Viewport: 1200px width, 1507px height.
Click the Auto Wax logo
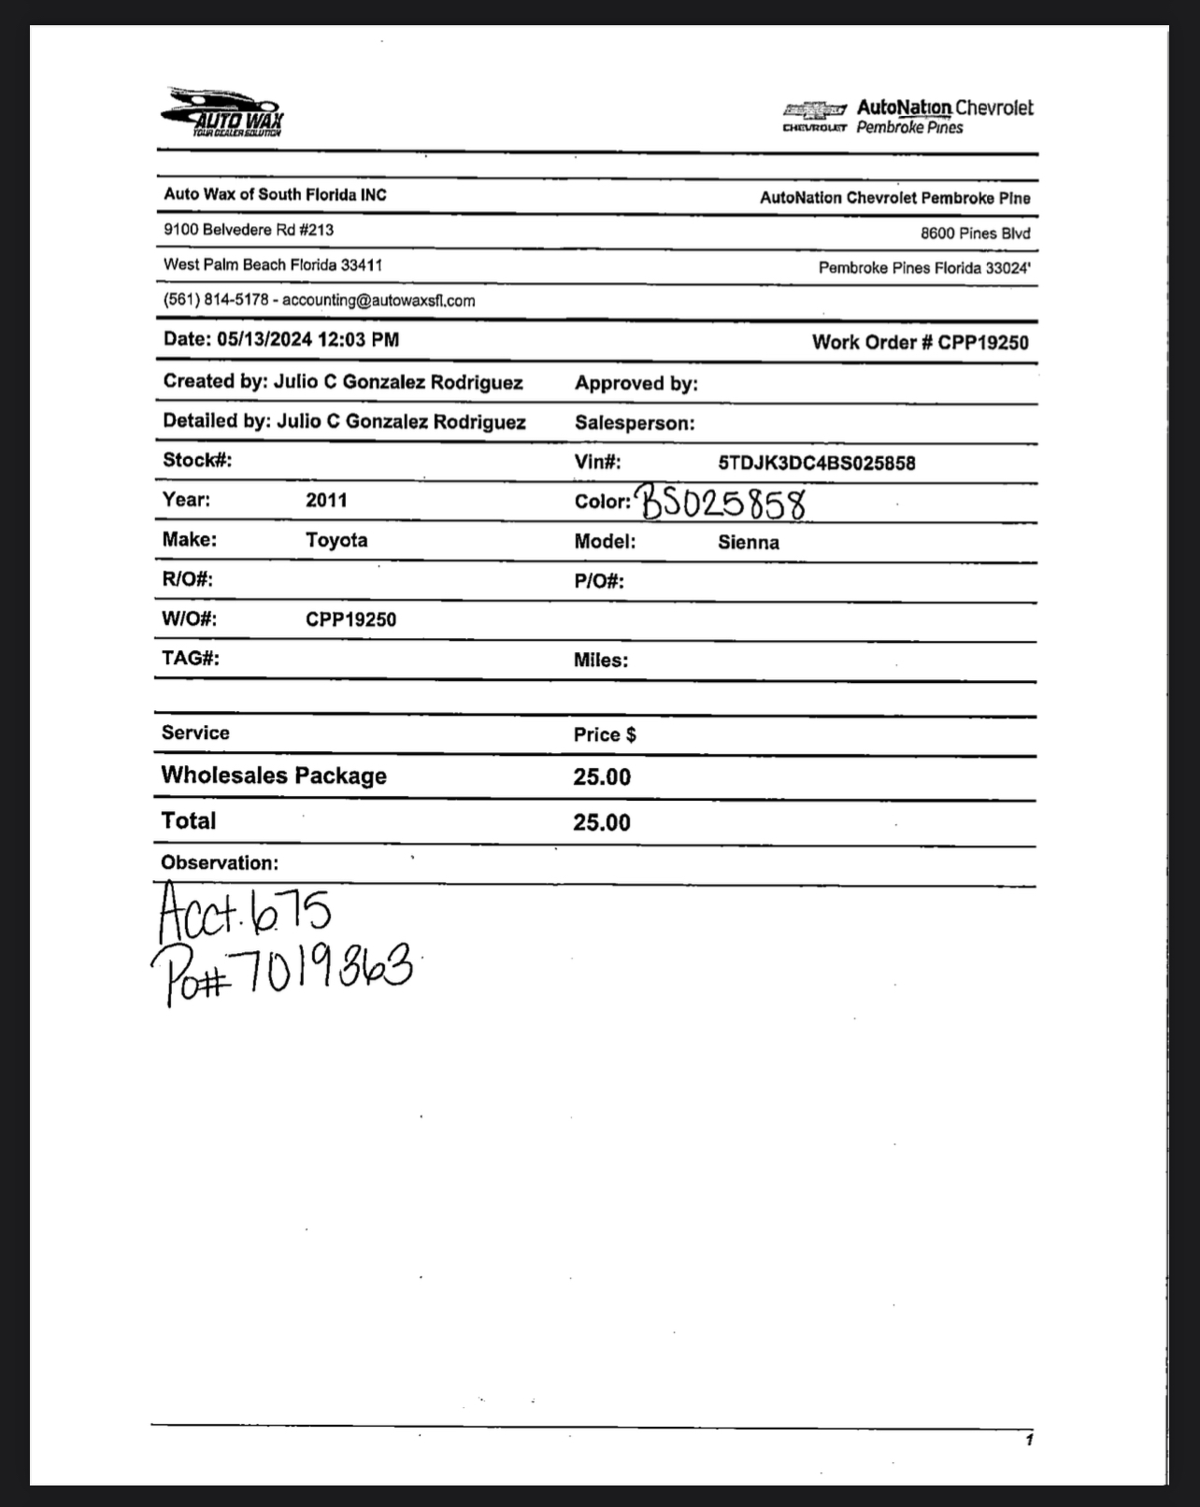pos(222,113)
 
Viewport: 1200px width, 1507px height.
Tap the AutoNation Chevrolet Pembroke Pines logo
pos(907,117)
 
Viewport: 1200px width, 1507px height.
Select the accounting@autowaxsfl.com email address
pos(379,301)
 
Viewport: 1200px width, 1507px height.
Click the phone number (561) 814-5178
pos(216,301)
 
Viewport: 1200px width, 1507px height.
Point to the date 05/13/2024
pos(264,340)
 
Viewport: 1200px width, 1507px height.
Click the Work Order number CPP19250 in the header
pos(982,342)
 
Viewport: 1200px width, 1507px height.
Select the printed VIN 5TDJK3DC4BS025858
pos(816,463)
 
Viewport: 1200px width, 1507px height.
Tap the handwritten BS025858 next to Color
pos(722,503)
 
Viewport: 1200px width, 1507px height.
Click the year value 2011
pos(326,500)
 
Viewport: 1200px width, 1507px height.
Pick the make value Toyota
pos(336,540)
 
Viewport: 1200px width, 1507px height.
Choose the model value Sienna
pos(748,543)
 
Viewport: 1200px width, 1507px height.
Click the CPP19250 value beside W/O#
pos(350,619)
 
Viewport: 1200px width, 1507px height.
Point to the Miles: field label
pos(600,661)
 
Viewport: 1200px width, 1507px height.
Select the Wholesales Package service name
pos(274,775)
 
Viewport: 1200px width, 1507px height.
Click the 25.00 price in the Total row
pos(602,822)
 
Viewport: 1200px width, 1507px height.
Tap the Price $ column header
pos(605,735)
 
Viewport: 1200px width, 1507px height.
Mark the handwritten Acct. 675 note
pos(244,912)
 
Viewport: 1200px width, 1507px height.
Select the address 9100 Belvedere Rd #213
pos(249,230)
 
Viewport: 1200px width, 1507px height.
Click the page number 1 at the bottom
pos(1029,1440)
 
